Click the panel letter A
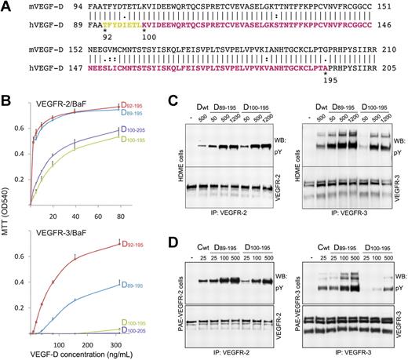(6, 6)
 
